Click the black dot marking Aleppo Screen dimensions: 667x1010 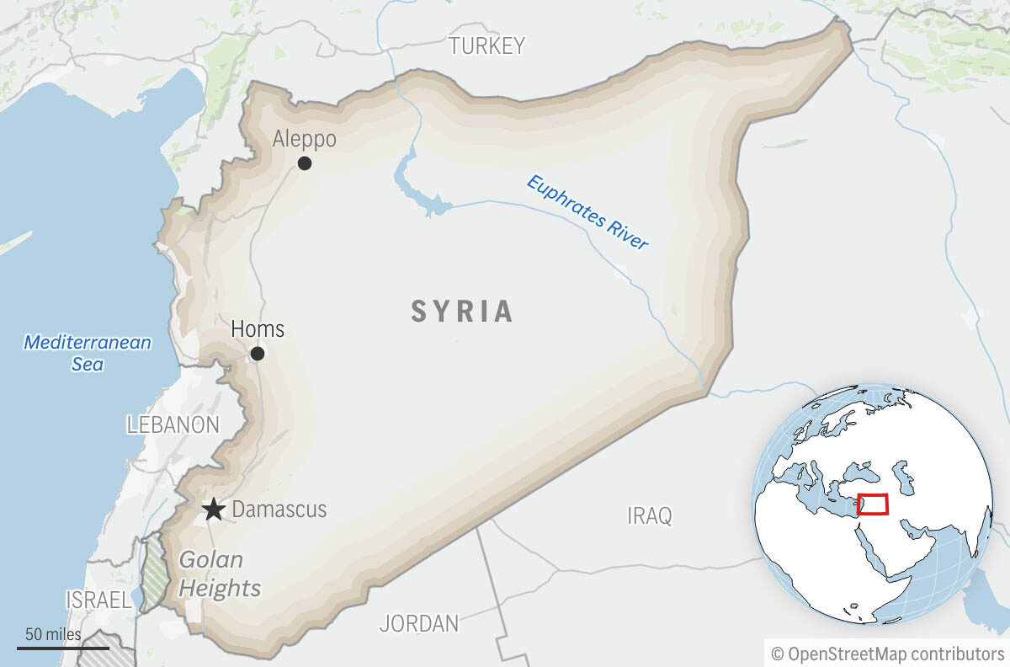tap(305, 163)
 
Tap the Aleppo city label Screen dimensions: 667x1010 tap(304, 139)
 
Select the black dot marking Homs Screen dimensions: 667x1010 tap(258, 354)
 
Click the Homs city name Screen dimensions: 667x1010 tap(258, 328)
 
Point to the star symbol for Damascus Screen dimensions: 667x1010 tap(214, 510)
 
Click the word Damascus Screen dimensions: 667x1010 tap(279, 510)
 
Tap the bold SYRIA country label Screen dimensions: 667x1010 tap(462, 312)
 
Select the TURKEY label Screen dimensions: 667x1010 tap(486, 45)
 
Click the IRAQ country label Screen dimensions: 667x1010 tap(650, 515)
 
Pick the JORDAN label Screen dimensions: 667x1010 tap(419, 624)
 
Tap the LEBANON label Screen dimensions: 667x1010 tap(173, 425)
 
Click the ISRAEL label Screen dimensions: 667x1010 tap(98, 600)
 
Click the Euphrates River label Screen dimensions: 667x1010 tap(587, 212)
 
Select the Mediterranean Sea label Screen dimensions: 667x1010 tap(88, 353)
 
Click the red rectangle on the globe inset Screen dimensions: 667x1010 tap(873, 504)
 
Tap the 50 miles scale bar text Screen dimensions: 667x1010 tap(53, 634)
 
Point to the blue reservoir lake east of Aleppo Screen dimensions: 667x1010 tap(418, 193)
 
